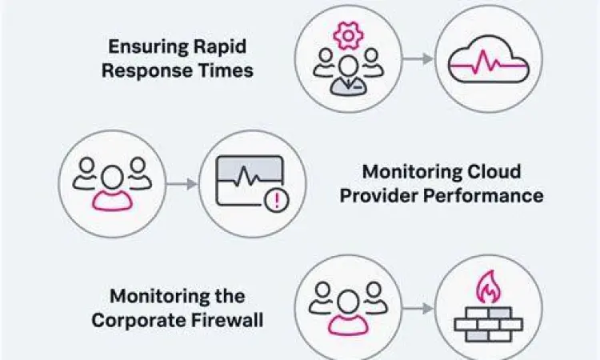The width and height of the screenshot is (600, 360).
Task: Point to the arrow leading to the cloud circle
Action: coord(418,59)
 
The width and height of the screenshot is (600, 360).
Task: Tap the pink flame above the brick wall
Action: coord(487,286)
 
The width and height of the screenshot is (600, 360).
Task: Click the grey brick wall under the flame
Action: coord(487,323)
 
